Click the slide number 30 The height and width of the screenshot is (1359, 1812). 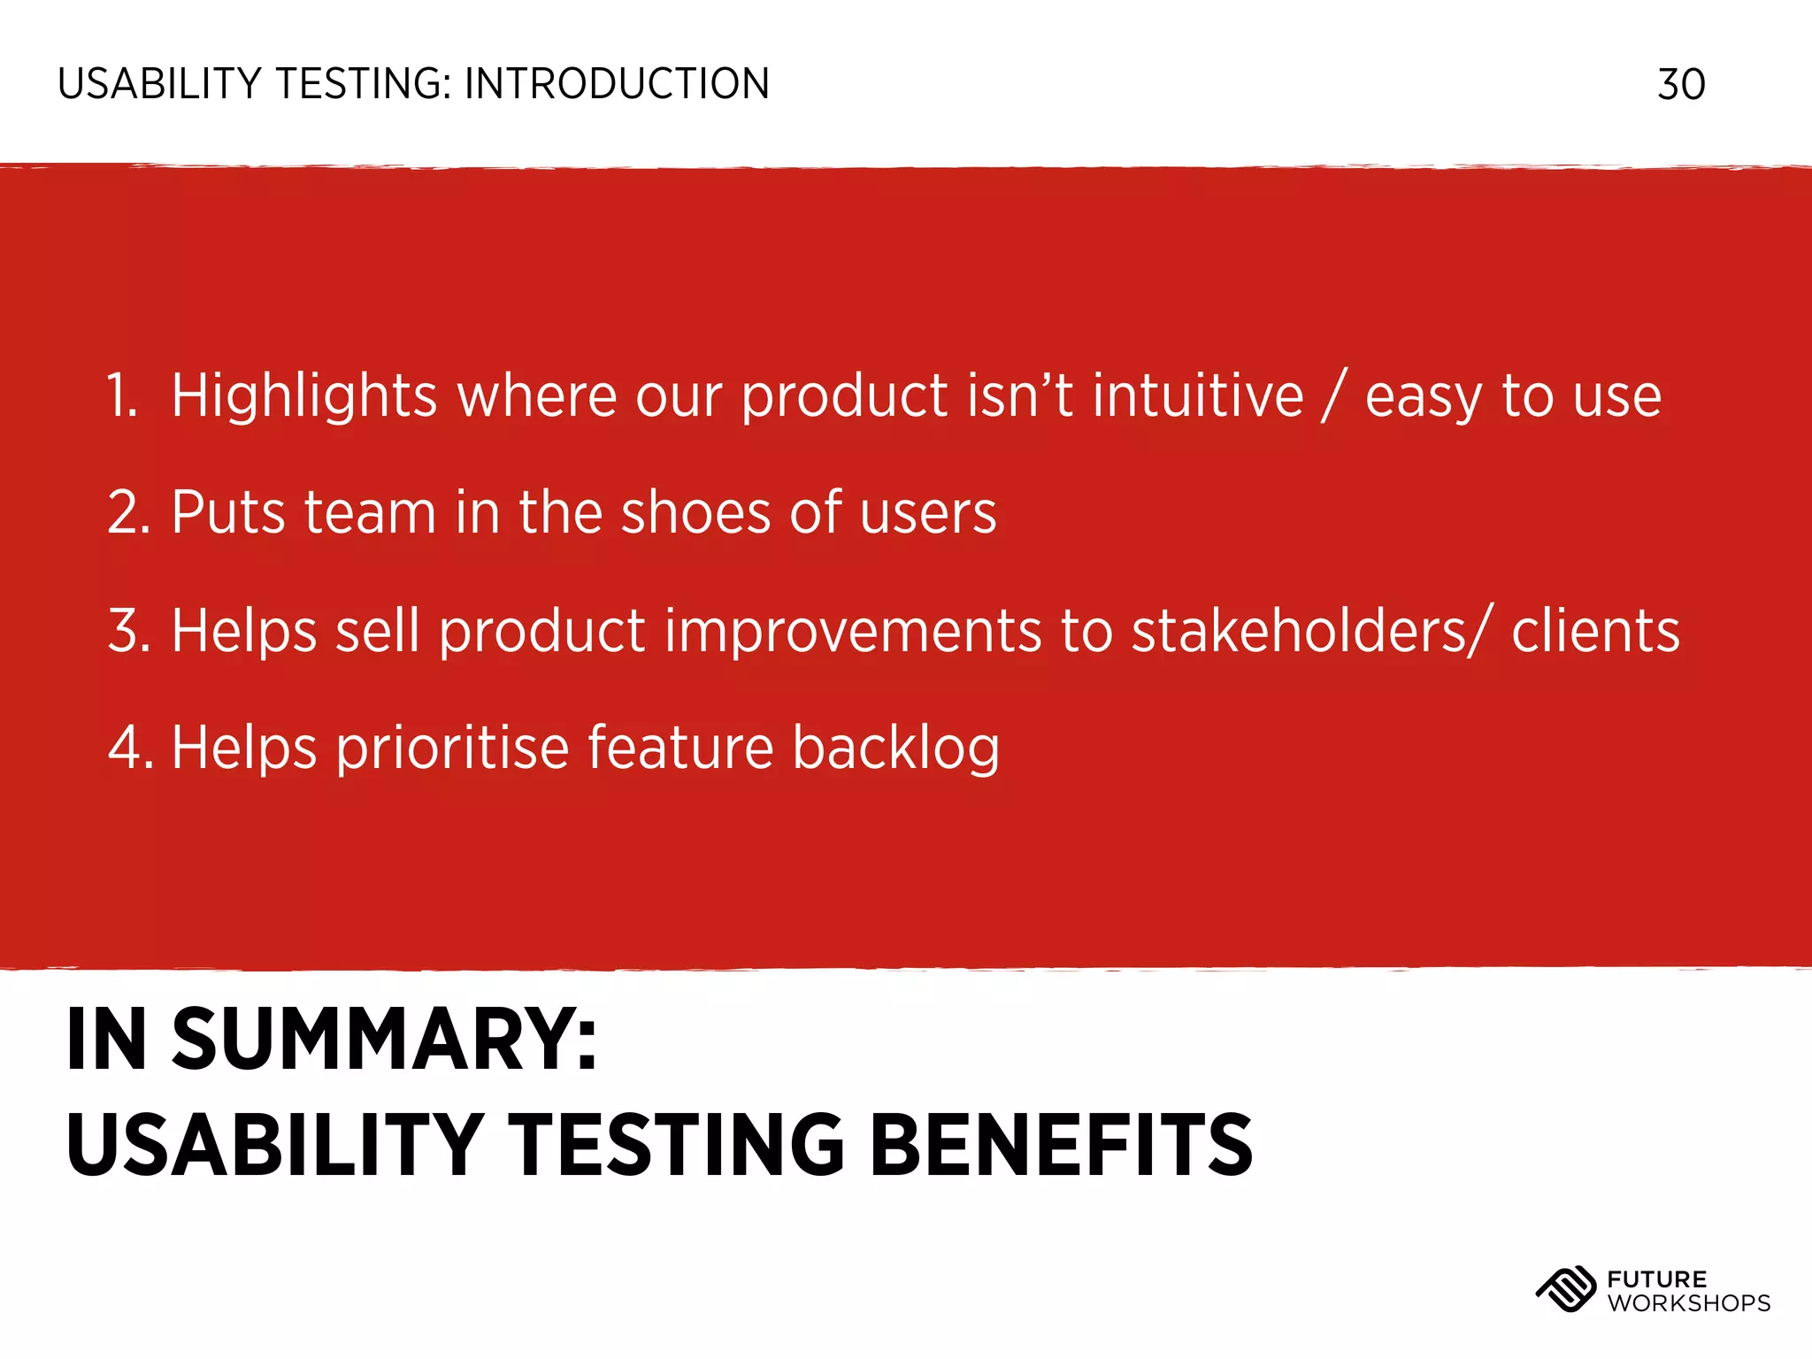(1680, 85)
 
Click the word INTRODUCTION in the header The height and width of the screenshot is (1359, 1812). (617, 85)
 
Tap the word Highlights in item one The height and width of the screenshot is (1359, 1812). (303, 395)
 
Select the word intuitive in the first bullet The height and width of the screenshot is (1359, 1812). (1197, 395)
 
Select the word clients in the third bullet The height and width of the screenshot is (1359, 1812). (1594, 632)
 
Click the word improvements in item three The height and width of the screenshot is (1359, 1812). (853, 632)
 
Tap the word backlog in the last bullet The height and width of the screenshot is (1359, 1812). (895, 749)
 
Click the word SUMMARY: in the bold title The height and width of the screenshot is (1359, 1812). (385, 1040)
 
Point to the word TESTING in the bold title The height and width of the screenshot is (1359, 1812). (676, 1146)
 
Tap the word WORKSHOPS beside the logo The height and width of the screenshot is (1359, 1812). (1688, 1303)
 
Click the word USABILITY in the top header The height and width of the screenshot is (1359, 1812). (159, 85)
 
